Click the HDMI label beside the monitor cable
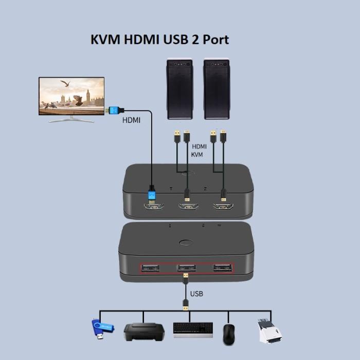(131, 121)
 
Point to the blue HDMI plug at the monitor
(114, 110)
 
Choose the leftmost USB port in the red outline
(149, 268)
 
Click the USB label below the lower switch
(196, 294)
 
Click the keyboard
(193, 330)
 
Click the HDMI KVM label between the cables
(199, 150)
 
